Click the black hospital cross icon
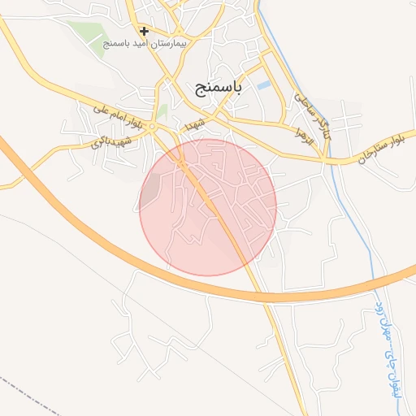[x=144, y=32]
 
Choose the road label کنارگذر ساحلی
[x=314, y=115]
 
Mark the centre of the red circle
[x=208, y=206]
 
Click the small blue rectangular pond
[x=263, y=84]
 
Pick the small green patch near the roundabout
[x=162, y=111]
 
